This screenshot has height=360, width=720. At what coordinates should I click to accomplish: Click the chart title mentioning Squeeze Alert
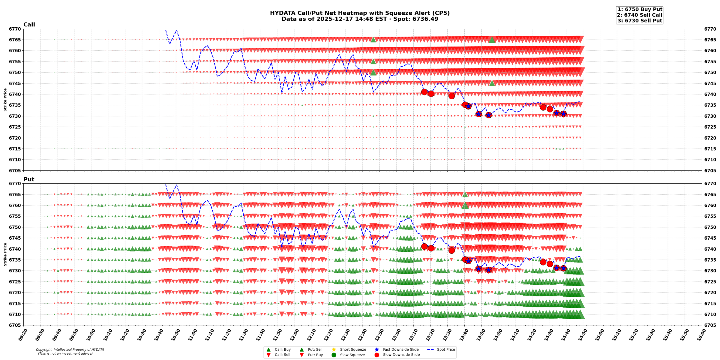(x=359, y=13)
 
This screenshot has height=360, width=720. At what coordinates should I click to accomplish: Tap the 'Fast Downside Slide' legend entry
(x=400, y=349)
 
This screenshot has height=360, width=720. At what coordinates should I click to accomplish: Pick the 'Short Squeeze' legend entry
(x=353, y=349)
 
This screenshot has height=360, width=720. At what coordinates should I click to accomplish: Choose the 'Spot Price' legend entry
(x=445, y=349)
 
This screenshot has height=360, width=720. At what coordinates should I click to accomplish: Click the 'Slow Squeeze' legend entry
(x=352, y=355)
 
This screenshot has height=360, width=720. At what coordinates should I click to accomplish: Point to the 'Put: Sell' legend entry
(x=315, y=349)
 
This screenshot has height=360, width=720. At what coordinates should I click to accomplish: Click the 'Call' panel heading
(x=29, y=25)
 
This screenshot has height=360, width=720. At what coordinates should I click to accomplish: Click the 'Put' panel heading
(x=29, y=179)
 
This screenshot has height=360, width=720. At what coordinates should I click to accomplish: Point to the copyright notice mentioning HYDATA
(x=70, y=351)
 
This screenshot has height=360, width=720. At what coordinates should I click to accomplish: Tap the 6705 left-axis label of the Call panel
(x=15, y=170)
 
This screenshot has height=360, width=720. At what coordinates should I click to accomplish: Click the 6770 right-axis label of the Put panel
(x=710, y=184)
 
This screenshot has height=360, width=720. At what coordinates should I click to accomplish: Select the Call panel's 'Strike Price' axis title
(x=5, y=100)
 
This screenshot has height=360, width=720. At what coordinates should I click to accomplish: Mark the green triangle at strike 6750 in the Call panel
(x=373, y=72)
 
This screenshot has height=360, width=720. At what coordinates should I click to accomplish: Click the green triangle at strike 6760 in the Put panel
(x=465, y=205)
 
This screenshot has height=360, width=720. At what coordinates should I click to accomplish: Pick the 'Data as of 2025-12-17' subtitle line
(x=359, y=19)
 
